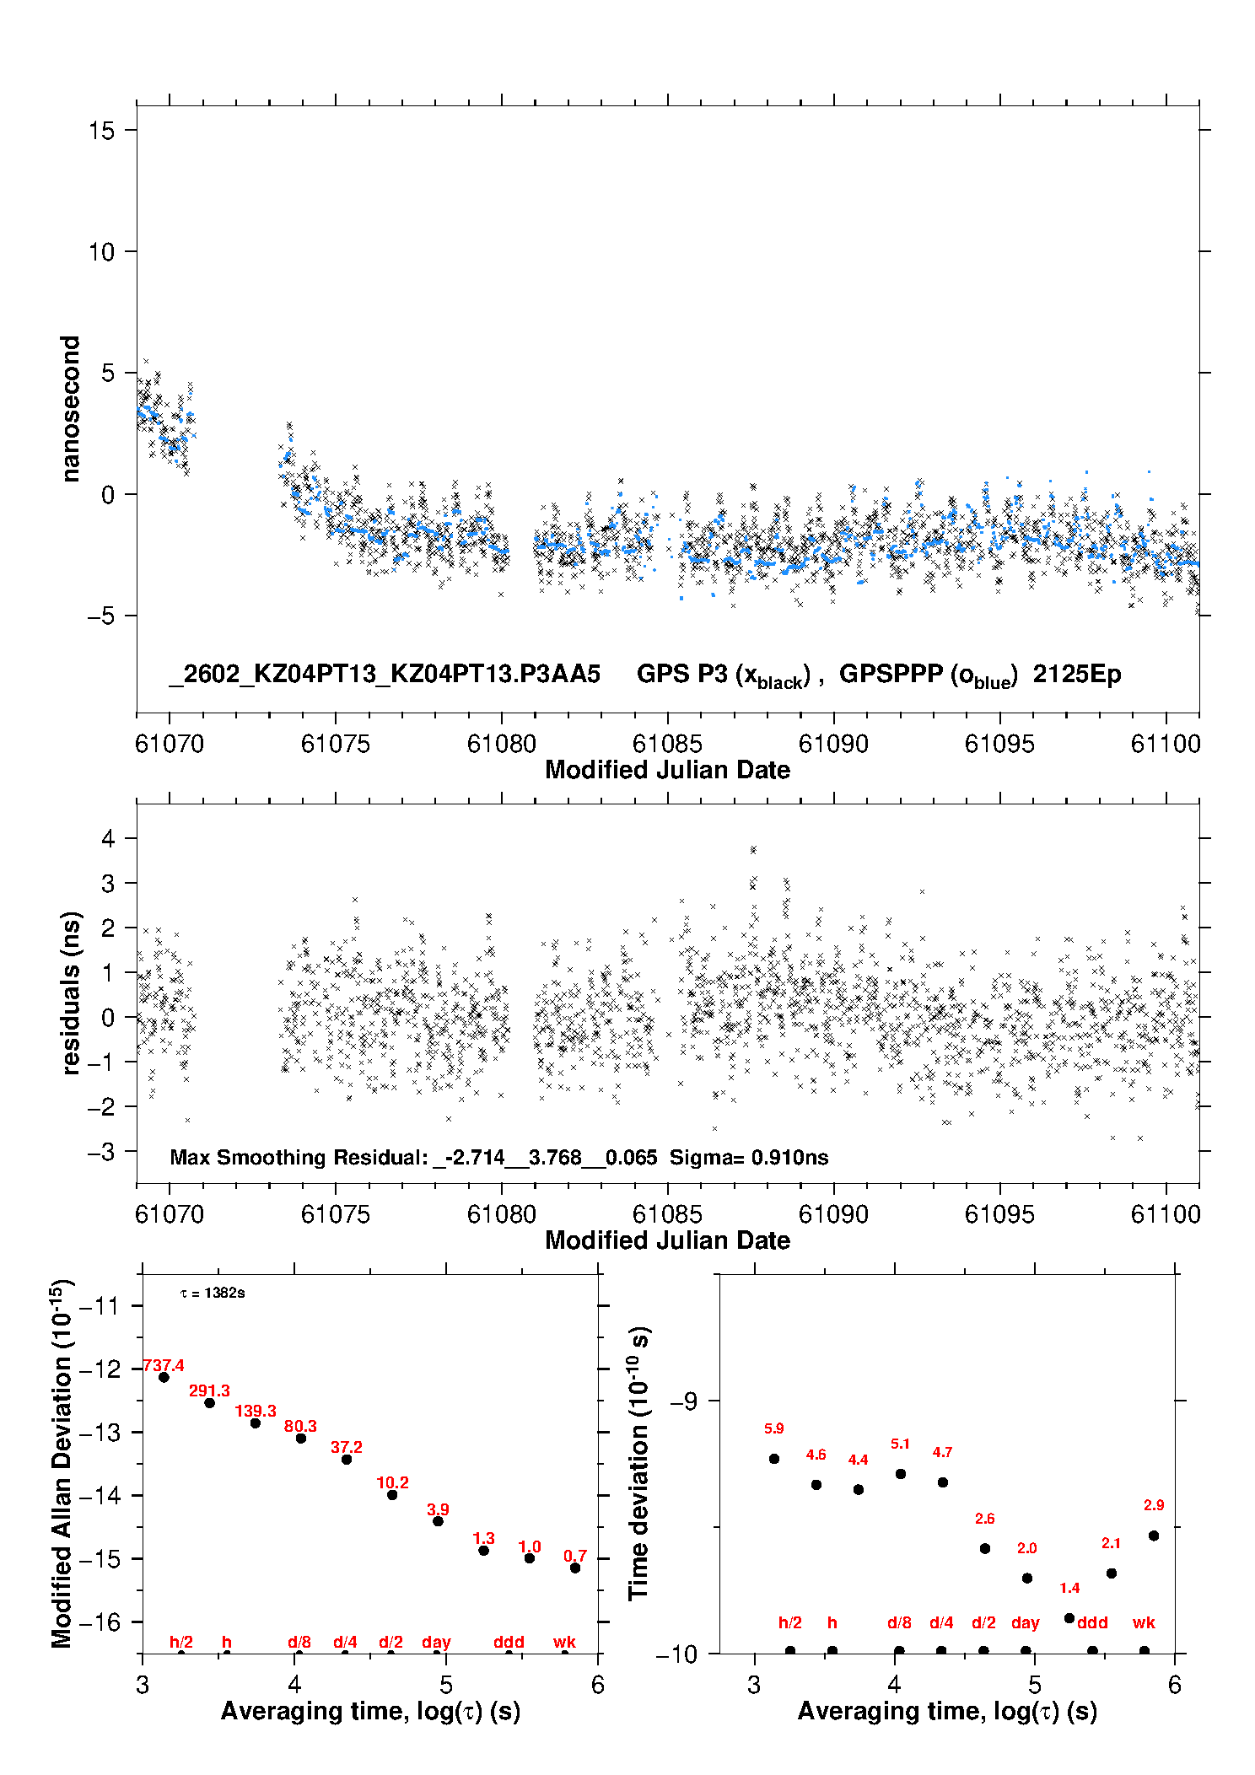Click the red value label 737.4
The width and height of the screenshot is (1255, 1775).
tap(164, 1366)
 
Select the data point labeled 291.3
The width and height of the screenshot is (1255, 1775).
tap(209, 1403)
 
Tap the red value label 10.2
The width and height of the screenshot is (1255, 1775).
tap(392, 1482)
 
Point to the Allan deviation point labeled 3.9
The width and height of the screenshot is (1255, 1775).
tap(438, 1521)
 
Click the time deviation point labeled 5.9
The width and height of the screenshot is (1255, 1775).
tap(774, 1459)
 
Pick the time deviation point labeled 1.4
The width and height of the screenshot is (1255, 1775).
tap(1069, 1618)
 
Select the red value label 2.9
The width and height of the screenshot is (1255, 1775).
tap(1154, 1505)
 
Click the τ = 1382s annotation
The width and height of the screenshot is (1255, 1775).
tap(213, 1294)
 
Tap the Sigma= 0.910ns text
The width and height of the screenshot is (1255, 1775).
tap(749, 1158)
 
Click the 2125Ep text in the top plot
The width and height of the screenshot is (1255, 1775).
tap(1077, 675)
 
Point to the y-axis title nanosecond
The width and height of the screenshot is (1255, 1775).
tap(71, 409)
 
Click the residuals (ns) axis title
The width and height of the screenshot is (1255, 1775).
tap(71, 993)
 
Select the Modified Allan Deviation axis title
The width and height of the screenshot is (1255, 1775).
tap(61, 1463)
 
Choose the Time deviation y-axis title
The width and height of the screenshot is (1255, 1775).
tap(638, 1463)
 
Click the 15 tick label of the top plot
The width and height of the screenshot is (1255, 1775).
tap(101, 131)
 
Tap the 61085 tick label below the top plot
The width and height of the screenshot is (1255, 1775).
tap(667, 744)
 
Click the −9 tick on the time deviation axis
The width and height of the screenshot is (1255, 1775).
tap(683, 1401)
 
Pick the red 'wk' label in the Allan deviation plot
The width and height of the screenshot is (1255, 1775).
tap(564, 1643)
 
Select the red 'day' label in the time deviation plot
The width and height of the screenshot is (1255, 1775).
tap(1025, 1623)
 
